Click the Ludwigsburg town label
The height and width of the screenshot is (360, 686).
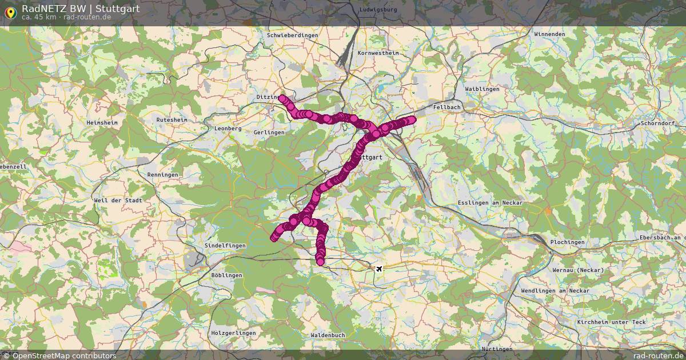(378, 10)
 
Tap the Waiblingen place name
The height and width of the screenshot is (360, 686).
(482, 89)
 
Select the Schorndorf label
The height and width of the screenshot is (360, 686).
(658, 123)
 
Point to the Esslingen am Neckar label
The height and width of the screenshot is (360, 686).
(490, 203)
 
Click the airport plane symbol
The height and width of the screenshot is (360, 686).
(378, 268)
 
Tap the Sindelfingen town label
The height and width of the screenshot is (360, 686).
(225, 246)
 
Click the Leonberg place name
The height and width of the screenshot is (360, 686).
(228, 129)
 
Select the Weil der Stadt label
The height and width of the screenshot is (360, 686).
(118, 201)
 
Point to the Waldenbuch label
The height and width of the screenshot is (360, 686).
(328, 335)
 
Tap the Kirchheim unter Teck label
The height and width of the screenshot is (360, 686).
(612, 322)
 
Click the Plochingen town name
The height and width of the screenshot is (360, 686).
(567, 242)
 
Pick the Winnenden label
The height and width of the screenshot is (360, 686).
(549, 34)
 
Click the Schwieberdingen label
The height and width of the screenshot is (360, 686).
(292, 35)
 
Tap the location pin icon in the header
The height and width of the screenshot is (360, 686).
(10, 11)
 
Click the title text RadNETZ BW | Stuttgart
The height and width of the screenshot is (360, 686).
(81, 9)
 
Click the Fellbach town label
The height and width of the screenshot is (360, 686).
(447, 107)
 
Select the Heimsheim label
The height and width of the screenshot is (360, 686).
(102, 123)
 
